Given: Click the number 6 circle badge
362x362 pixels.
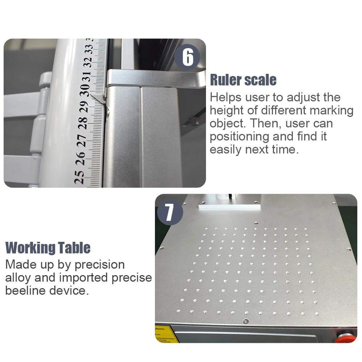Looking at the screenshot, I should pyautogui.click(x=188, y=57).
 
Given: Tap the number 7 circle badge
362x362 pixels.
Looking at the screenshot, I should pyautogui.click(x=170, y=213).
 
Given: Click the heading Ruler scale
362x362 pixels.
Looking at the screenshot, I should pyautogui.click(x=243, y=80).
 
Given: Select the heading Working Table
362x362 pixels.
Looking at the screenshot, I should pyautogui.click(x=48, y=248).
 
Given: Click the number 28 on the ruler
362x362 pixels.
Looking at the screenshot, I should pyautogui.click(x=83, y=122).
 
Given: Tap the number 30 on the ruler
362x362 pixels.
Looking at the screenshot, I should pyautogui.click(x=85, y=89).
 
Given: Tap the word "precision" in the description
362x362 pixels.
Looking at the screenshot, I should pyautogui.click(x=100, y=265).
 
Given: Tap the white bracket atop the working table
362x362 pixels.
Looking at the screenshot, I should pyautogui.click(x=229, y=205).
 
